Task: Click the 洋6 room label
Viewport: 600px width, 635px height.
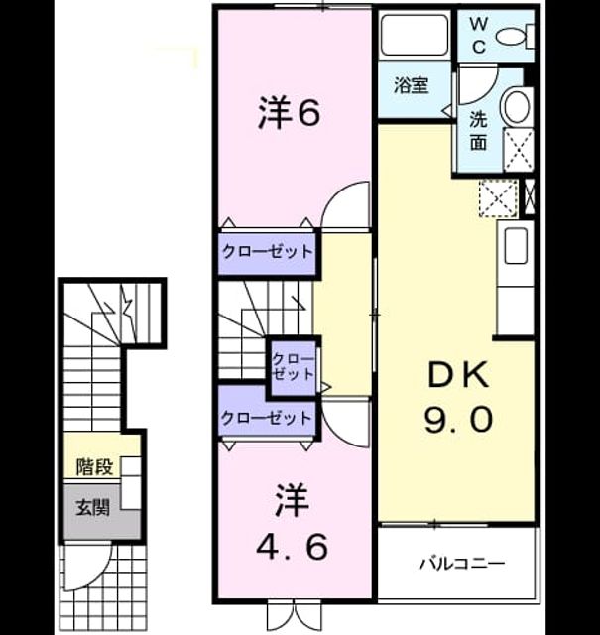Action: click(x=289, y=112)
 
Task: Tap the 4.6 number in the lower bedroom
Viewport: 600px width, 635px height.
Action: click(x=292, y=547)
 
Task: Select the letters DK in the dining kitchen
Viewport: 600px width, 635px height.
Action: click(x=458, y=376)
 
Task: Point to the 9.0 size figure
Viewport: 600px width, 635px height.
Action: click(x=458, y=420)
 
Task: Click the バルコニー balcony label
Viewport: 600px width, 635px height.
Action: click(x=461, y=564)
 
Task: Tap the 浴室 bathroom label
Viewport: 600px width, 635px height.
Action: click(x=412, y=85)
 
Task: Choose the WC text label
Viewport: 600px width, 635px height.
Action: click(x=479, y=36)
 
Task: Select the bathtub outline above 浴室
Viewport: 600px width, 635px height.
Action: click(x=415, y=35)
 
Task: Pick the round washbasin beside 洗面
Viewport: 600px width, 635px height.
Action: click(x=516, y=107)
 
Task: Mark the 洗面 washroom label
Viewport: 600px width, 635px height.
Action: click(x=478, y=130)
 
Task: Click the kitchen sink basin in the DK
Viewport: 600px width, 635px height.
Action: click(x=516, y=245)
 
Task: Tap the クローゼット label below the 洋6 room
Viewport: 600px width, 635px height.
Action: click(x=268, y=251)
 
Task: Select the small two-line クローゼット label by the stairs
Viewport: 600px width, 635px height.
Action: click(x=293, y=366)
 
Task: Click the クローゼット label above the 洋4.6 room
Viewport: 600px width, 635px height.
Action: click(x=267, y=417)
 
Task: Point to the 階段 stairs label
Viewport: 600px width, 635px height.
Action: click(x=95, y=467)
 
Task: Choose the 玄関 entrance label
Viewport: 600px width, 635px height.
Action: click(x=93, y=507)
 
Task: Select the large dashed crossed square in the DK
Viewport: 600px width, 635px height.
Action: click(x=499, y=198)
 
